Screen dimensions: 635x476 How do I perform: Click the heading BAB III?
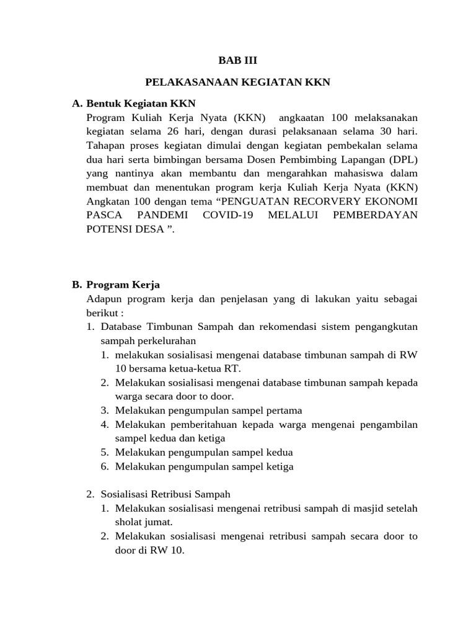pos(237,61)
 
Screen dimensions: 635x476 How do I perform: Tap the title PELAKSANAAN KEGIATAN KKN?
pos(238,82)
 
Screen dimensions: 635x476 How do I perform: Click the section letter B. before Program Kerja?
pos(77,285)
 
